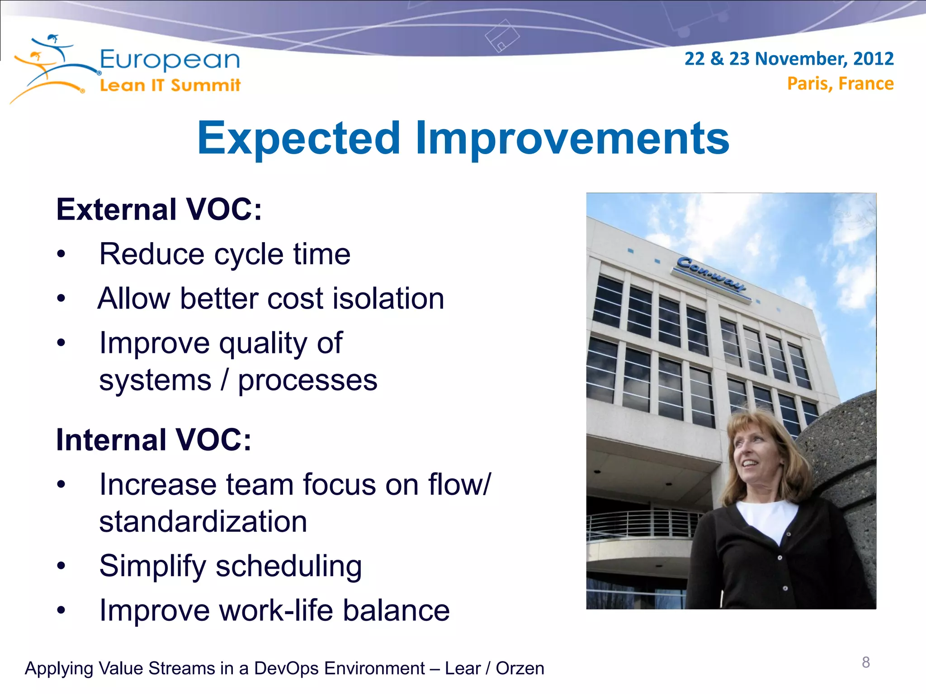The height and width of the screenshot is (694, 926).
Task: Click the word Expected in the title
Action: tap(299, 138)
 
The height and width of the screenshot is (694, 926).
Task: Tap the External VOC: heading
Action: tap(159, 210)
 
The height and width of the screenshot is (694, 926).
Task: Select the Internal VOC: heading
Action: tap(153, 440)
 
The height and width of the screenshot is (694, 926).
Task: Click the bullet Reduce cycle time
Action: tap(225, 254)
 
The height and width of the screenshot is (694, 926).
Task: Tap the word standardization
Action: tap(203, 522)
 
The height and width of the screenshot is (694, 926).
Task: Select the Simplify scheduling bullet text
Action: tap(230, 566)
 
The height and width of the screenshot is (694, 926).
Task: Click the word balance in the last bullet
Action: tap(396, 610)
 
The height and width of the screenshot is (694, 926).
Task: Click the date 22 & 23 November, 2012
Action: tap(789, 59)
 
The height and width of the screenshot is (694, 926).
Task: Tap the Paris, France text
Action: tap(840, 84)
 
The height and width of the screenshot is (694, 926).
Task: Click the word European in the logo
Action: tap(170, 60)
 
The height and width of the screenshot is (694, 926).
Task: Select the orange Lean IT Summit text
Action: tap(170, 85)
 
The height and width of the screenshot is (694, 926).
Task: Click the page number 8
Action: tap(865, 662)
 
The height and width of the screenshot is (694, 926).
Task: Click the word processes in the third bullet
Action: tap(307, 380)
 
